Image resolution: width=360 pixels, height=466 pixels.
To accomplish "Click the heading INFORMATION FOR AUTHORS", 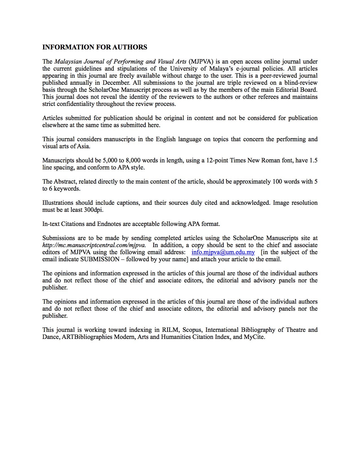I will pos(95,47).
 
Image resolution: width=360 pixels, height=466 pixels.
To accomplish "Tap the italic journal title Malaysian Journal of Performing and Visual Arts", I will pos(120,62).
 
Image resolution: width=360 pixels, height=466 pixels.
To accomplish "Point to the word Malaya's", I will pos(221,69).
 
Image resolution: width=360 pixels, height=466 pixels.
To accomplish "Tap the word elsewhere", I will pos(55,125).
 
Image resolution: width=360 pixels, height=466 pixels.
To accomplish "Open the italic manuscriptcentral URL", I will pos(94,245).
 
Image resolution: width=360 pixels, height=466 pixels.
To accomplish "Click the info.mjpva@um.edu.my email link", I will pos(223,252).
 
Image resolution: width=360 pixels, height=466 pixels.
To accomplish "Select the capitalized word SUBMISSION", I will pos(100,259).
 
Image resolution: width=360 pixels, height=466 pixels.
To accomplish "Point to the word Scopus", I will pos(192,330).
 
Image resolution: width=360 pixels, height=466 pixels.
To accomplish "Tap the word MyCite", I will pos(254,337).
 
